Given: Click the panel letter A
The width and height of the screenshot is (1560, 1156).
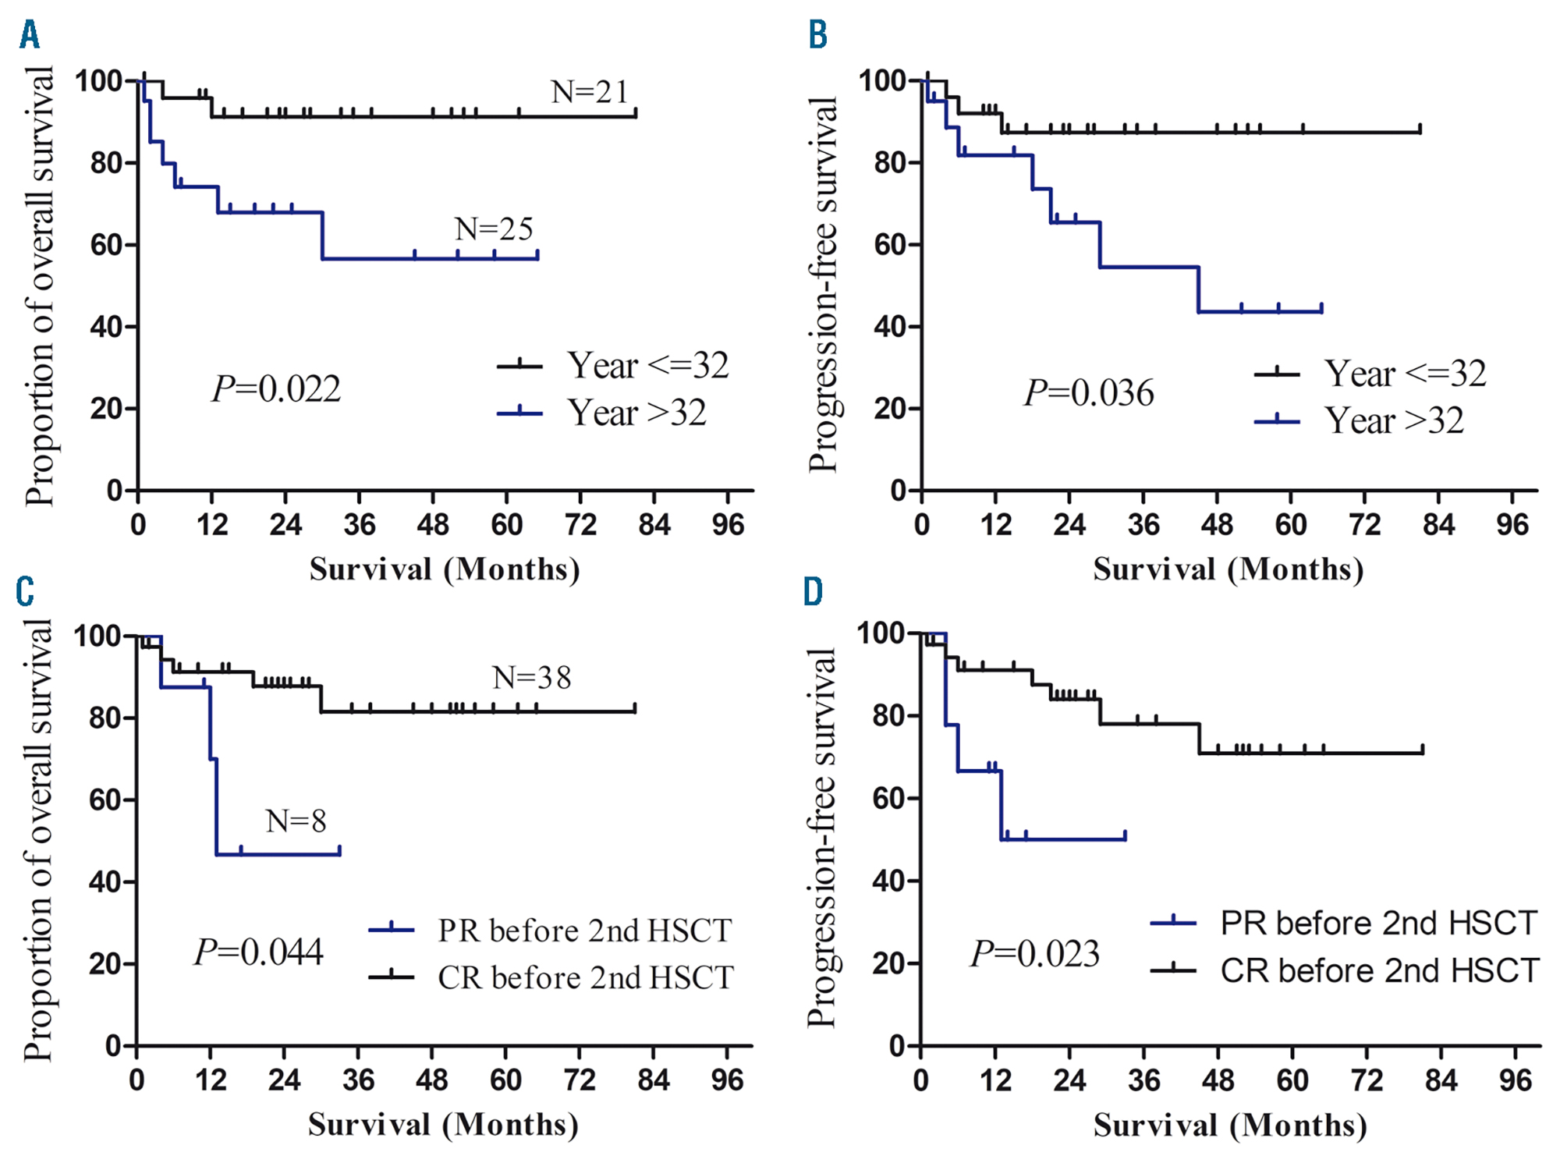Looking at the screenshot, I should pos(30,35).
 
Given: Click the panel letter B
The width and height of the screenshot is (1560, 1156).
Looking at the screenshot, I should pos(817,35).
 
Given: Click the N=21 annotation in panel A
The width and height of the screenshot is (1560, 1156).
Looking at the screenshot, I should pos(590,92).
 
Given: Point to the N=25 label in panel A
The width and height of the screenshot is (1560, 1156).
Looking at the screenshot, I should pos(494,229).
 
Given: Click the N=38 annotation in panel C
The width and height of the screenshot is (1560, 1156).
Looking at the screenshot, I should pos(532,678).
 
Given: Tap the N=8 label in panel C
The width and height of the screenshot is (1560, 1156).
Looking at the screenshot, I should pos(296,821).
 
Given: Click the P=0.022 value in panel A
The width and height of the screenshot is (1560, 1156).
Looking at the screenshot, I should pos(276,388).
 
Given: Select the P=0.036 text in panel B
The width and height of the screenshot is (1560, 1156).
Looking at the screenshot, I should pos(1089,392).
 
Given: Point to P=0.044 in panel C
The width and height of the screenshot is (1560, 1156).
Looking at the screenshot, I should pos(259,952).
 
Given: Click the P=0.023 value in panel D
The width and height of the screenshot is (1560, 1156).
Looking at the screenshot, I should pos(1035,953).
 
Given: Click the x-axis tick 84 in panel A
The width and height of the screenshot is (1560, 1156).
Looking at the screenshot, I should pos(654,525).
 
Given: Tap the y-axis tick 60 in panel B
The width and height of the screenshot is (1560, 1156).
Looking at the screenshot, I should pos(888,245).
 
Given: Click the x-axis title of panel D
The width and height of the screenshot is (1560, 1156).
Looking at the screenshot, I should pos(1230,1125).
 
